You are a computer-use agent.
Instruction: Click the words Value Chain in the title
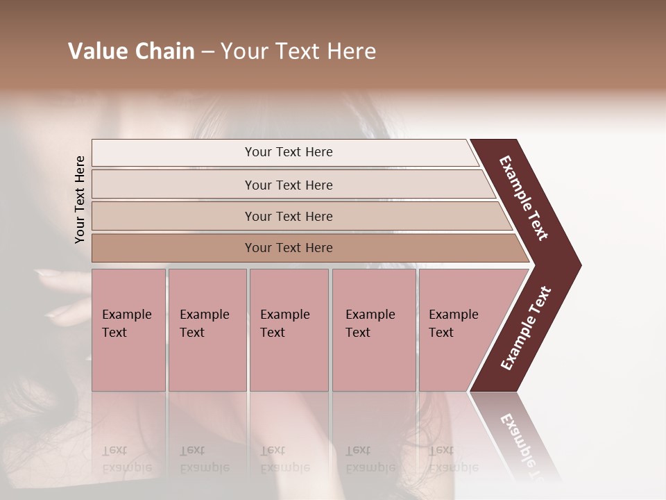(x=131, y=51)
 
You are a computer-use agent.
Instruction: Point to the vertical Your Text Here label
(x=80, y=200)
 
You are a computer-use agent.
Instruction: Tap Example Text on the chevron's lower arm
(x=526, y=328)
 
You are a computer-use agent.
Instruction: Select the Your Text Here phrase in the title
(x=298, y=51)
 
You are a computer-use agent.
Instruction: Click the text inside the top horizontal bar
(x=289, y=152)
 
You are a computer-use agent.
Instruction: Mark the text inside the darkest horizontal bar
(x=289, y=248)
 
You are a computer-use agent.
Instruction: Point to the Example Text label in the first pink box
(x=126, y=324)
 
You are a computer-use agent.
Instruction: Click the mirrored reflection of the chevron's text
(x=520, y=444)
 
